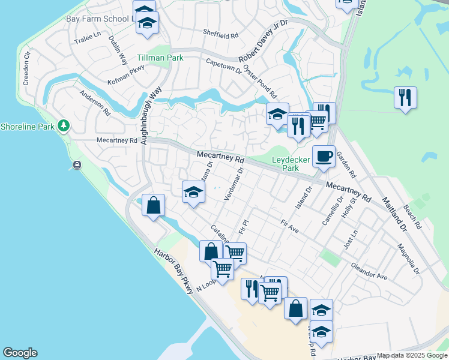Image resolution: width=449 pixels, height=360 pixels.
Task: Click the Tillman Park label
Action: pyautogui.click(x=160, y=58)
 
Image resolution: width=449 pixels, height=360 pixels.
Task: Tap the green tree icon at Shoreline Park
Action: pyautogui.click(x=63, y=126)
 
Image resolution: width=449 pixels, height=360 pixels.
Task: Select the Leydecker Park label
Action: pyautogui.click(x=286, y=164)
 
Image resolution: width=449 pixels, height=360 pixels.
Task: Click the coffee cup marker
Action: pyautogui.click(x=324, y=157)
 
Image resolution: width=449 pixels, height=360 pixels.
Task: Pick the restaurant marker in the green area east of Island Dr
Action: pyautogui.click(x=405, y=97)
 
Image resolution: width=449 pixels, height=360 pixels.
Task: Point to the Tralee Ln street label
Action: pyautogui.click(x=88, y=38)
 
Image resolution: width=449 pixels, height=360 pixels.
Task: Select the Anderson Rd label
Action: pyautogui.click(x=95, y=103)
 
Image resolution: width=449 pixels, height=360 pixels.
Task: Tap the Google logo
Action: pyautogui.click(x=20, y=353)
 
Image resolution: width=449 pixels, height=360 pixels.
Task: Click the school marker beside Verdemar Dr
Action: pyautogui.click(x=193, y=193)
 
